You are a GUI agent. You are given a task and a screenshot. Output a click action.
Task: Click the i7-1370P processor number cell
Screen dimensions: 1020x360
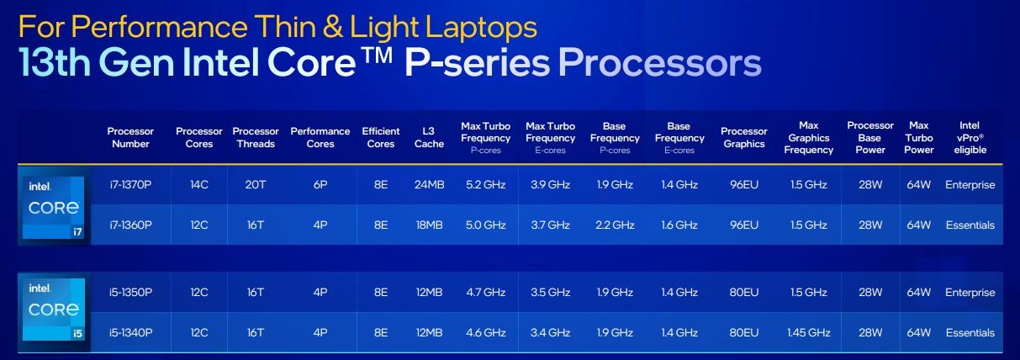point(130,184)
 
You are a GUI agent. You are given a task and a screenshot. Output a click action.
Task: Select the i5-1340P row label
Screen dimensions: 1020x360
point(130,332)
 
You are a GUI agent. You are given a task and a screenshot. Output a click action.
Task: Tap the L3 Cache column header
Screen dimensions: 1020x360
point(429,138)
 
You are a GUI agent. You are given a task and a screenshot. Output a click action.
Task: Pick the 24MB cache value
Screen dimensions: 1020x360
point(429,184)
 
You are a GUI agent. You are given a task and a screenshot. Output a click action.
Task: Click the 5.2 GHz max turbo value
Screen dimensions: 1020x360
point(486,184)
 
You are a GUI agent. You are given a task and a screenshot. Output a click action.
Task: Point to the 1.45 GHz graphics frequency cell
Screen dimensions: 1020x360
point(809,332)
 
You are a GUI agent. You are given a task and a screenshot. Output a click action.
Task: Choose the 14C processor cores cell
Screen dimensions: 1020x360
point(199,184)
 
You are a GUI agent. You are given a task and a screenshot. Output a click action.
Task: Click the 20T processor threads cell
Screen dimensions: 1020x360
point(256,184)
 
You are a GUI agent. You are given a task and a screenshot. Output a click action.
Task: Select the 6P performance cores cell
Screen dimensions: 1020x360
point(320,184)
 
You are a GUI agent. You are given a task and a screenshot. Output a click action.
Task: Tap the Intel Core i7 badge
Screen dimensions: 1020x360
point(54,208)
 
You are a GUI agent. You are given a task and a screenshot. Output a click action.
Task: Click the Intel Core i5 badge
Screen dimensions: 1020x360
point(54,310)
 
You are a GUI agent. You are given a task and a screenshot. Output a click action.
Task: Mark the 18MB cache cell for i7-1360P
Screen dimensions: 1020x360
point(429,225)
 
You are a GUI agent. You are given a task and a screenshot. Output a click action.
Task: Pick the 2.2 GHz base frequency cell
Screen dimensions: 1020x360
point(615,225)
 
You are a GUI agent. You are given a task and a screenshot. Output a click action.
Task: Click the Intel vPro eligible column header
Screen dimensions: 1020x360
point(970,138)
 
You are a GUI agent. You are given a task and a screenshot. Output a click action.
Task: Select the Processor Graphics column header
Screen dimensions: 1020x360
point(744,138)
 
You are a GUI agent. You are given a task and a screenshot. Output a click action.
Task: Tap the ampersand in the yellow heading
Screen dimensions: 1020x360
point(333,26)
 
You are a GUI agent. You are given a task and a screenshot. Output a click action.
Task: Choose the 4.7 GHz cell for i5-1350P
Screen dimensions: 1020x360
point(486,292)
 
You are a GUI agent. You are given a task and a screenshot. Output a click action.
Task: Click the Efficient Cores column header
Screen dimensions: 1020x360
point(381,138)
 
